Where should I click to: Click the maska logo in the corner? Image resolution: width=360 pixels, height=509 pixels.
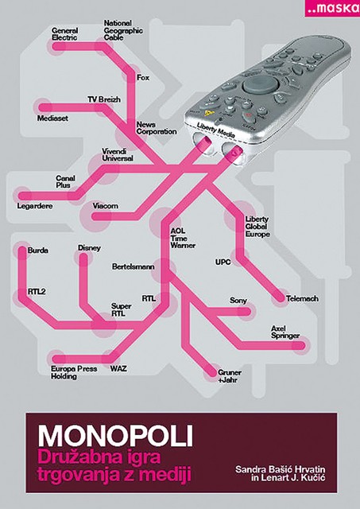332,8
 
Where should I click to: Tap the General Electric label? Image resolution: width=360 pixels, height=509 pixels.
65,34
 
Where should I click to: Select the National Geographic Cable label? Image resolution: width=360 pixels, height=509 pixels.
123,30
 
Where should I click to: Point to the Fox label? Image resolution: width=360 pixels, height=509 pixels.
143,78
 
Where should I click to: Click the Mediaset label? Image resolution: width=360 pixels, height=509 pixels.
52,119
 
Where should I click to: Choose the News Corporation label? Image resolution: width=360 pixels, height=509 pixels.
157,128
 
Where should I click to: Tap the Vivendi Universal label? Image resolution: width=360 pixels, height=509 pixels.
118,155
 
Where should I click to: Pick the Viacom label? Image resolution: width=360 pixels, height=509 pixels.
105,206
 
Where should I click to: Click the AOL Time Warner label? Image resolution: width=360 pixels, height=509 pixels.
183,238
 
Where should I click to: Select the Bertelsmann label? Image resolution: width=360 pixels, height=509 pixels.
133,266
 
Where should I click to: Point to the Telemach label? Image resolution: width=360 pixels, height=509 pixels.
302,298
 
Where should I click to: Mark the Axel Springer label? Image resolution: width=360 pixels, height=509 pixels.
285,332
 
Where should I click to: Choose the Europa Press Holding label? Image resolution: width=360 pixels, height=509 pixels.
74,373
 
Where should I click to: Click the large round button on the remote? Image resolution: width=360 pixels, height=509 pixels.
261,84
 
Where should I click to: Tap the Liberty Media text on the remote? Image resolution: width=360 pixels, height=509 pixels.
215,130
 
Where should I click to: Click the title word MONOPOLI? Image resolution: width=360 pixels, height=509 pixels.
115,436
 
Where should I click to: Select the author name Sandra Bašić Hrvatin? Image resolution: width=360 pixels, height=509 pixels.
281,469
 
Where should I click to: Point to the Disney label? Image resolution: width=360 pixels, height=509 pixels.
89,248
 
